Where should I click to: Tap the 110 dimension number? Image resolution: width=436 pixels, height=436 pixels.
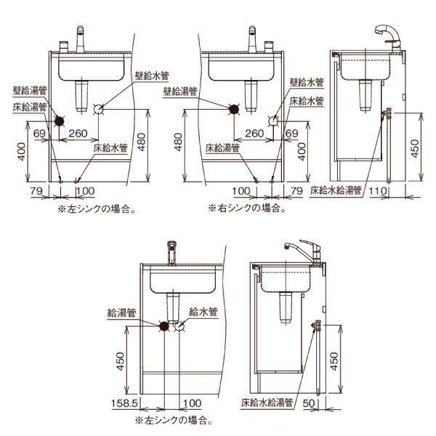point(379,190)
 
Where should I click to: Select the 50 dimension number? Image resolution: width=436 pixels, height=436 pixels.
point(309,403)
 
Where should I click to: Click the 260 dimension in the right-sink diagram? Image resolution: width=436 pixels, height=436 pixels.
point(254,134)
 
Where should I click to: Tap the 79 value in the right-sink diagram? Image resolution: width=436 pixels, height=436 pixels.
point(295,190)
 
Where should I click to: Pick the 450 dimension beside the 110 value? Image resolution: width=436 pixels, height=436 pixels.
point(415,148)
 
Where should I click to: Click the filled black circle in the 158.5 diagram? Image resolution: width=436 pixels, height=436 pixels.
point(165,326)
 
